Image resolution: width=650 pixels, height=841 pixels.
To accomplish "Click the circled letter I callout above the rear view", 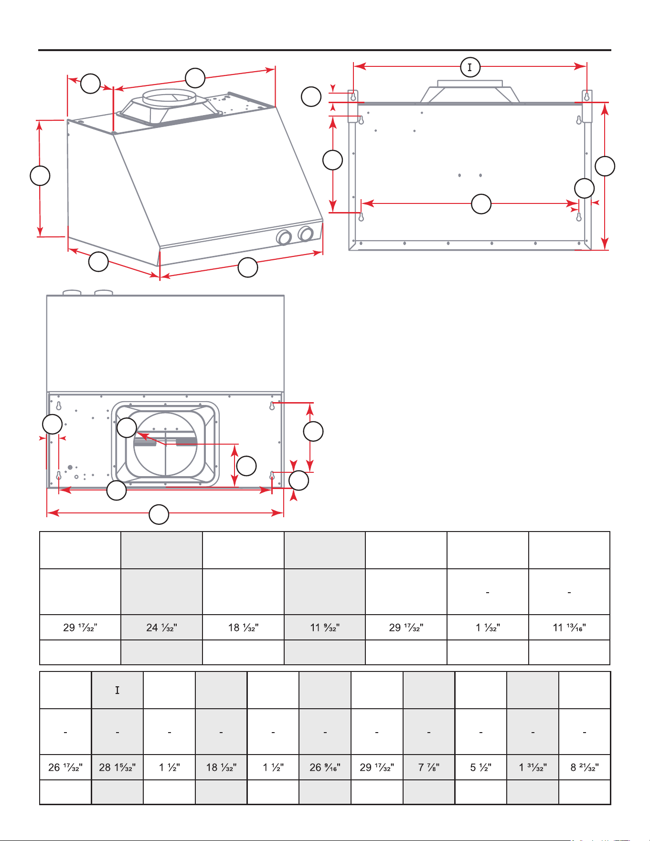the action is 470,67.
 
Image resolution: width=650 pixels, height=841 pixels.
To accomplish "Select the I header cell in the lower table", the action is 117,690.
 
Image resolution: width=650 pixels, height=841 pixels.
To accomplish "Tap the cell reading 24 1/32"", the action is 161,628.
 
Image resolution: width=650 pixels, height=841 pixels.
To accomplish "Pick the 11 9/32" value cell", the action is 325,628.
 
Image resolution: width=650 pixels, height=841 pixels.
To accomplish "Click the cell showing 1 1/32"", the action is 488,628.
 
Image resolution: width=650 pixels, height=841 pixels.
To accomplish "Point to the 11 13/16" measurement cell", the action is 569,628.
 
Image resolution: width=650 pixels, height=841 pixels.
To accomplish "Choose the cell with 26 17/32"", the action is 65,767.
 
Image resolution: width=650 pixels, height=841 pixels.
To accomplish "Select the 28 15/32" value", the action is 117,767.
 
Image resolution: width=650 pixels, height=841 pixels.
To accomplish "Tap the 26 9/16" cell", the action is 325,767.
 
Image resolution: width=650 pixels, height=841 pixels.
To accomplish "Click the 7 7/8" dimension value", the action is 429,767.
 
